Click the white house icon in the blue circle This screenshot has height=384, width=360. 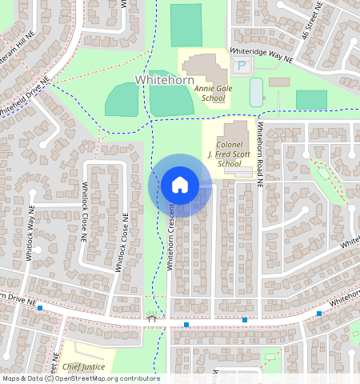(x=180, y=185)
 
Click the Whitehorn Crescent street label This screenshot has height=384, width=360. (x=170, y=236)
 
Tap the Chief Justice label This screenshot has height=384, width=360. (x=83, y=366)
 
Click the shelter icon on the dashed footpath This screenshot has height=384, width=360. (x=152, y=318)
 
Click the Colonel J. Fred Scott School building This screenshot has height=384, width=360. (x=234, y=131)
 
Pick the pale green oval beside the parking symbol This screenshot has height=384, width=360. (x=256, y=92)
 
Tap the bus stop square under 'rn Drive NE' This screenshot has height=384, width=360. (x=40, y=307)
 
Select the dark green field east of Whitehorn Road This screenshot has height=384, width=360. (x=311, y=99)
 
